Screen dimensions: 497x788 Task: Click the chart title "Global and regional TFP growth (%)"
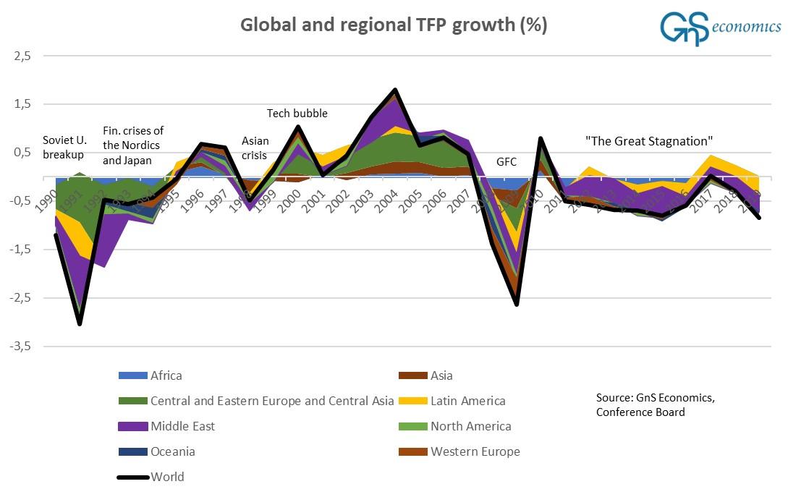(x=394, y=25)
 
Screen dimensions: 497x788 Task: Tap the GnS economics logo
(x=719, y=28)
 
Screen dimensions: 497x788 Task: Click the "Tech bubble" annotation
(x=297, y=113)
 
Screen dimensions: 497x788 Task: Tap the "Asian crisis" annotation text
(x=255, y=148)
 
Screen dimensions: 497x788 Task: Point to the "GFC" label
(x=507, y=161)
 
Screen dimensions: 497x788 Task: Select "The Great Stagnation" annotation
(x=649, y=140)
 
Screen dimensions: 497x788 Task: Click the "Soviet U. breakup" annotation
(x=64, y=148)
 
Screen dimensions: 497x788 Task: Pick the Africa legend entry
(x=166, y=375)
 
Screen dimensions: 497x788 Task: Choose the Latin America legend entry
(x=467, y=401)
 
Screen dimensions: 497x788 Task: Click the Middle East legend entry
(x=182, y=426)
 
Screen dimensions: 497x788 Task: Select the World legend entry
(x=167, y=477)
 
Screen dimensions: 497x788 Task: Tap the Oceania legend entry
(x=172, y=451)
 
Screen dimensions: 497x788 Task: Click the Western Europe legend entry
(x=475, y=451)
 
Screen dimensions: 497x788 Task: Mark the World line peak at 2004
(x=395, y=90)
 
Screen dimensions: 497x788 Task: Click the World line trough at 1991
(x=80, y=323)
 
